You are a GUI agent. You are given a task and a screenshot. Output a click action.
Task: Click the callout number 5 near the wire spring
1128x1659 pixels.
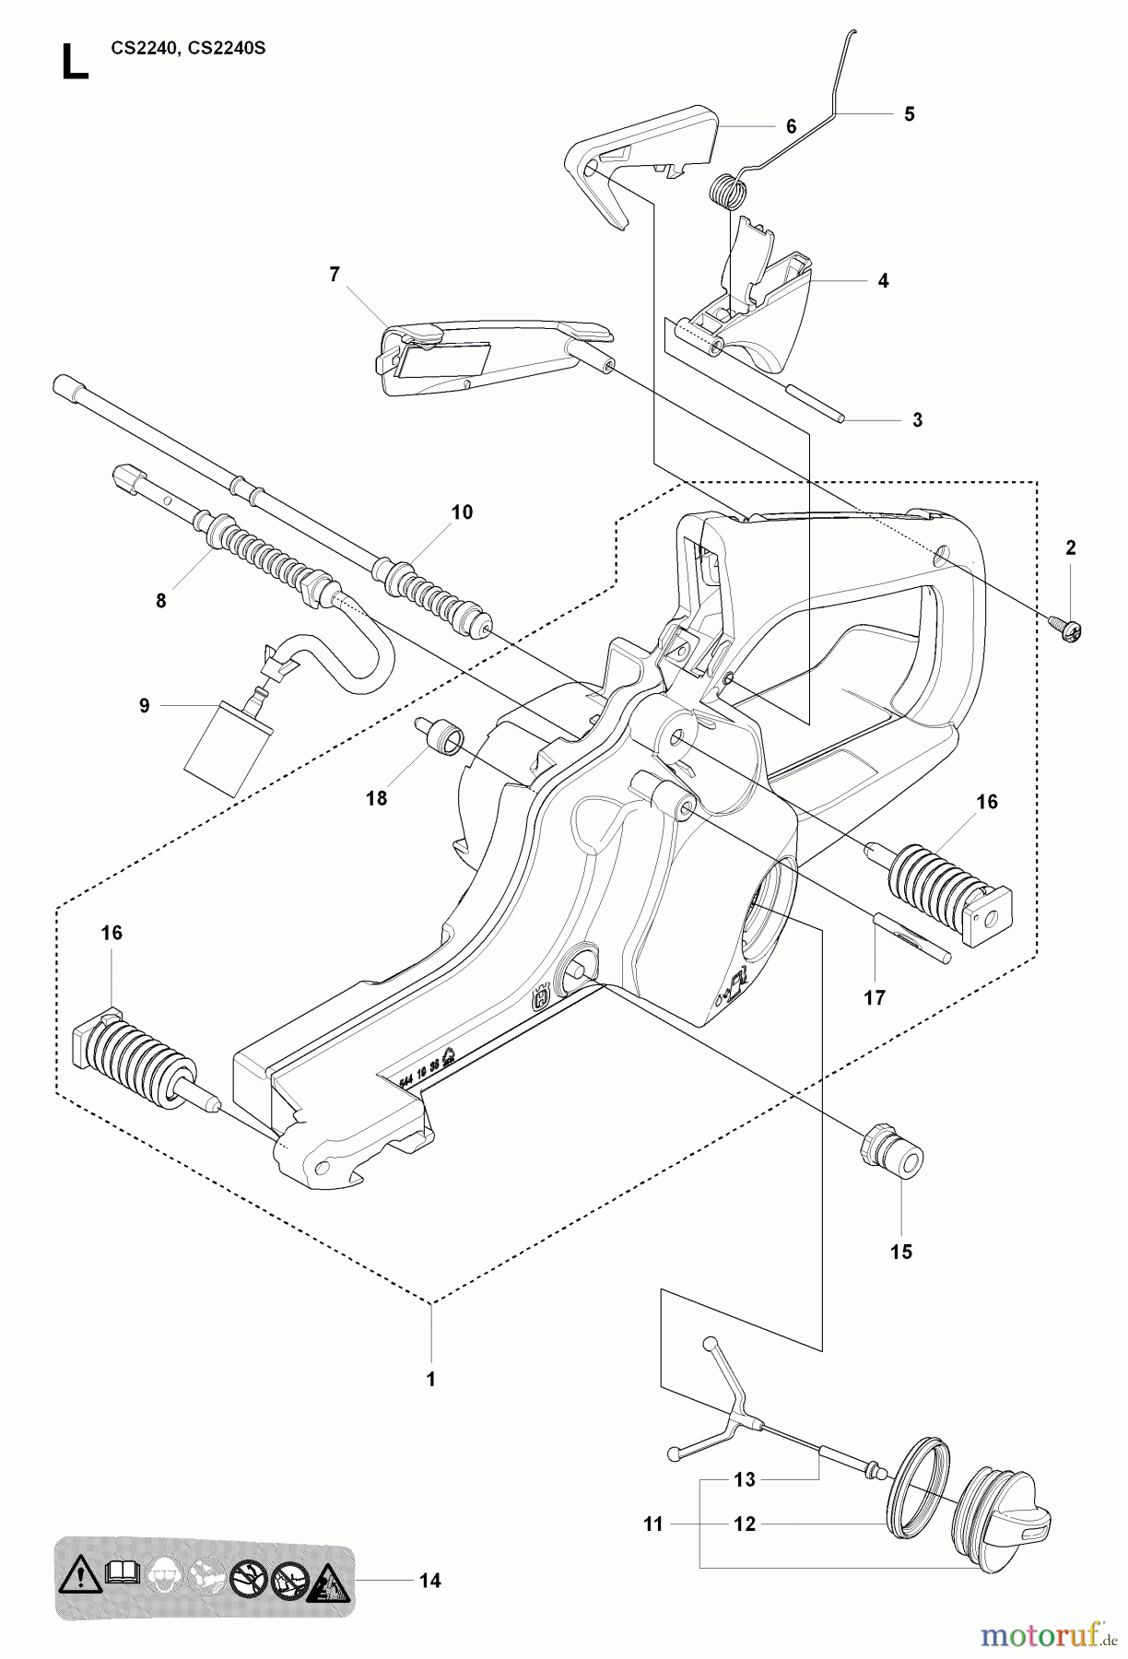909,114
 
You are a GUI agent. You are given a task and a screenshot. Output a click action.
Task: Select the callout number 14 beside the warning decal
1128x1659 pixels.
429,1582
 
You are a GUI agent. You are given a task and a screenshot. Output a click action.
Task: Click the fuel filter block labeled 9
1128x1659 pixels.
229,747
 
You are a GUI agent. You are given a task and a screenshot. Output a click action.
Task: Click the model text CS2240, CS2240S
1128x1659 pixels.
188,49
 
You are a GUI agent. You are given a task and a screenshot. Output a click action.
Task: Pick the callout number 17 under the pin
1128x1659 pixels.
874,997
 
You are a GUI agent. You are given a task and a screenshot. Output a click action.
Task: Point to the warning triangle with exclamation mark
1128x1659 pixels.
81,1582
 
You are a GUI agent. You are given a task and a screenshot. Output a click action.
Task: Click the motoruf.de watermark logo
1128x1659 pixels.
1047,1633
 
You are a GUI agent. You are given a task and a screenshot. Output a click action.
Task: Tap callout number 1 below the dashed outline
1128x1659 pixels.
429,1380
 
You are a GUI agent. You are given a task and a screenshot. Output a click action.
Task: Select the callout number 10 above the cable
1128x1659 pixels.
462,512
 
